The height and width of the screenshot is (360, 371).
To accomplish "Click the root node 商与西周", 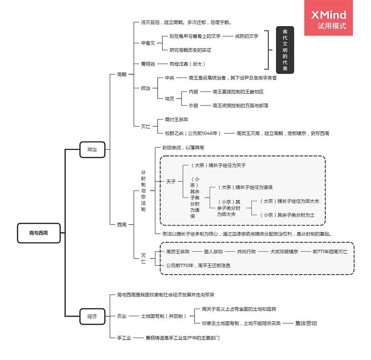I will [39, 233].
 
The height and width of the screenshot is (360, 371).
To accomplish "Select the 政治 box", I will [92, 149].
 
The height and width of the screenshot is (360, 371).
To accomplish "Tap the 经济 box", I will [92, 316].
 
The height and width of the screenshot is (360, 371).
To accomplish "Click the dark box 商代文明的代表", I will [285, 50].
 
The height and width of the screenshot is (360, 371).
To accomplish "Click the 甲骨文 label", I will [148, 43].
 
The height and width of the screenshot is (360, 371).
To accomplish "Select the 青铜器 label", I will [148, 64].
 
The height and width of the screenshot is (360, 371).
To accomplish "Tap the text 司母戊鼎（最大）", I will [187, 64].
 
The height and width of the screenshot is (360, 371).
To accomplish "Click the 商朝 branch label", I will [121, 74].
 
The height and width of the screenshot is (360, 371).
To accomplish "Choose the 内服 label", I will [193, 92].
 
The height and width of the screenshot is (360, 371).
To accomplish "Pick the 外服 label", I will [193, 106].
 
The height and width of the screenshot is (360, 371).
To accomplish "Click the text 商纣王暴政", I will [176, 120].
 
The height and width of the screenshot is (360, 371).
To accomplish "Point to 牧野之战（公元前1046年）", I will [193, 134].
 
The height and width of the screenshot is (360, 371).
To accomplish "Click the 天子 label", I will [171, 181].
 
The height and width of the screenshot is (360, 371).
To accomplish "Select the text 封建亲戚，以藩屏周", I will [183, 148].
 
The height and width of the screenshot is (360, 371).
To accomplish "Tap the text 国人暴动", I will [214, 252].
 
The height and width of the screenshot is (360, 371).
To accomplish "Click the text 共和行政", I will [246, 252].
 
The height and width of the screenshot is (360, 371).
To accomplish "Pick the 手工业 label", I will [124, 338].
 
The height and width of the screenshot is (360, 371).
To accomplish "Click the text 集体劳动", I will [306, 323].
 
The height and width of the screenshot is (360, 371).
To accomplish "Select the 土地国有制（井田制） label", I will [164, 316].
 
